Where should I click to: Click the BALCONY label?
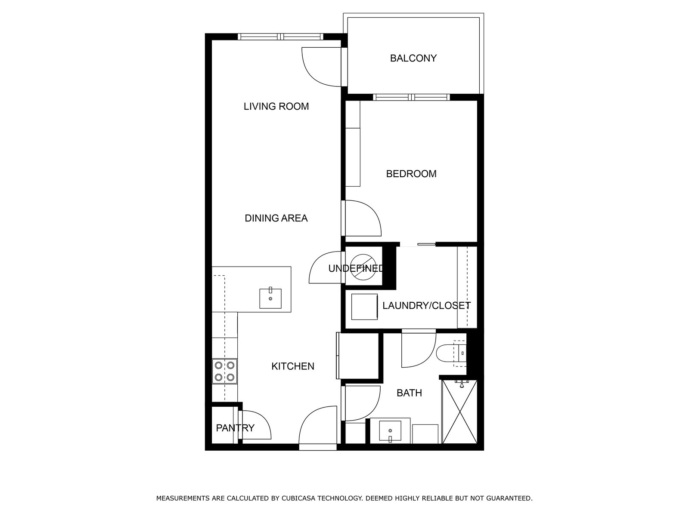(413, 58)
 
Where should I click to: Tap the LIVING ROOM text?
(276, 106)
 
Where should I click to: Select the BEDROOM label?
(411, 174)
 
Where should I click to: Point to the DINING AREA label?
(276, 218)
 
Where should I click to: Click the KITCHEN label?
(292, 366)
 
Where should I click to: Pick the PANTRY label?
(235, 428)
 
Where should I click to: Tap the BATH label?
(409, 393)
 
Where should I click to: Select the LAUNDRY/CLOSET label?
(426, 306)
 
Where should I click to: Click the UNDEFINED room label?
(356, 269)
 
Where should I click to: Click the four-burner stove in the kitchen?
(225, 372)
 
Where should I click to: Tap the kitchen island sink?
(270, 298)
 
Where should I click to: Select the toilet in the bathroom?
(450, 353)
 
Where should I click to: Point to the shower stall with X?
(460, 412)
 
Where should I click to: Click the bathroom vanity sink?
(390, 431)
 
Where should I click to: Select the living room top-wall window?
(280, 37)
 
